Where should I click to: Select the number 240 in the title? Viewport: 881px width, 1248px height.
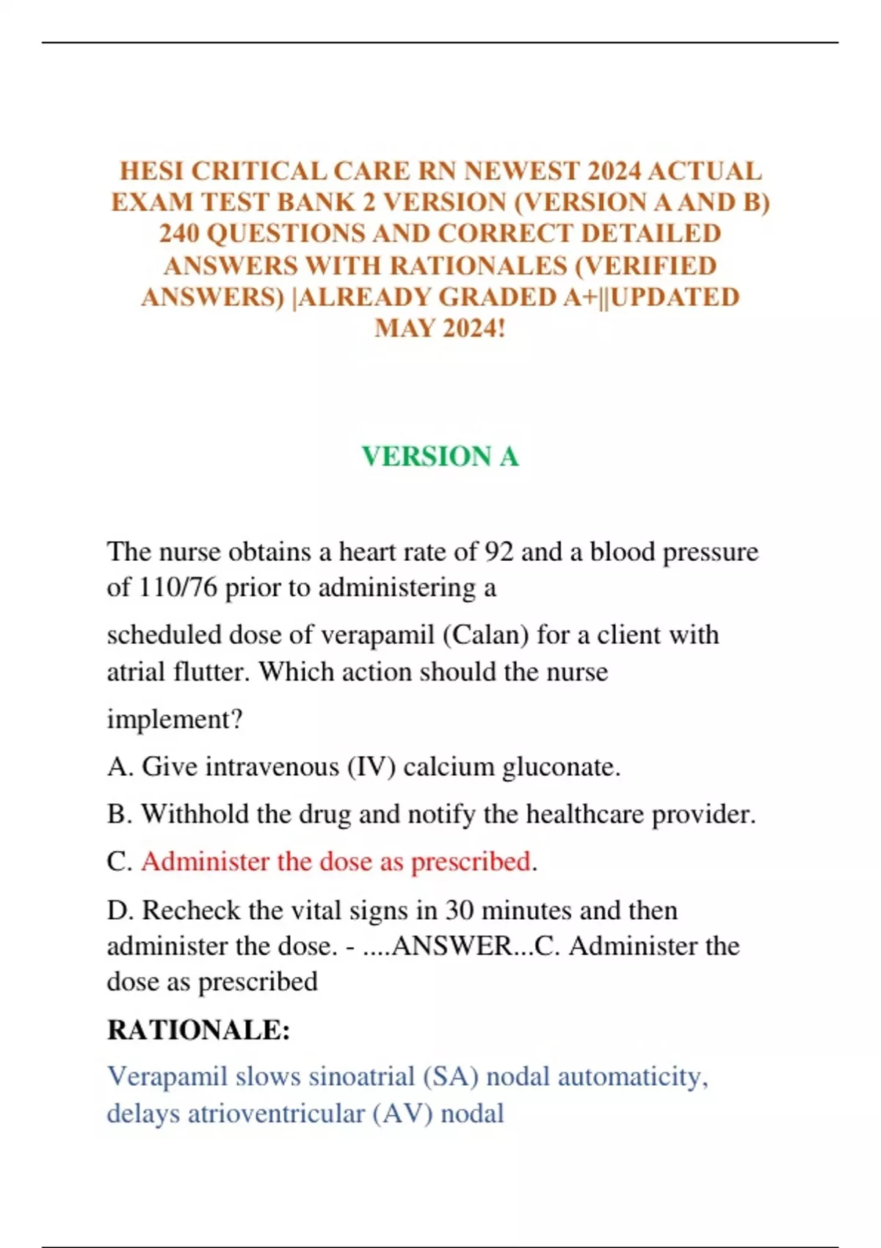point(179,233)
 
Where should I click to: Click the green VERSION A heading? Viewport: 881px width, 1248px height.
point(440,457)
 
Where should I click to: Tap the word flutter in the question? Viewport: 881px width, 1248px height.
point(212,672)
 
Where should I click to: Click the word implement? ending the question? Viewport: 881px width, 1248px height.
point(175,719)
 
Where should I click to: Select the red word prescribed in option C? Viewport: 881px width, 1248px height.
point(471,862)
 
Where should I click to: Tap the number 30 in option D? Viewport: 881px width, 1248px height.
point(459,910)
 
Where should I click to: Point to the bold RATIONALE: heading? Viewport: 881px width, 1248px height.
point(198,1030)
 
